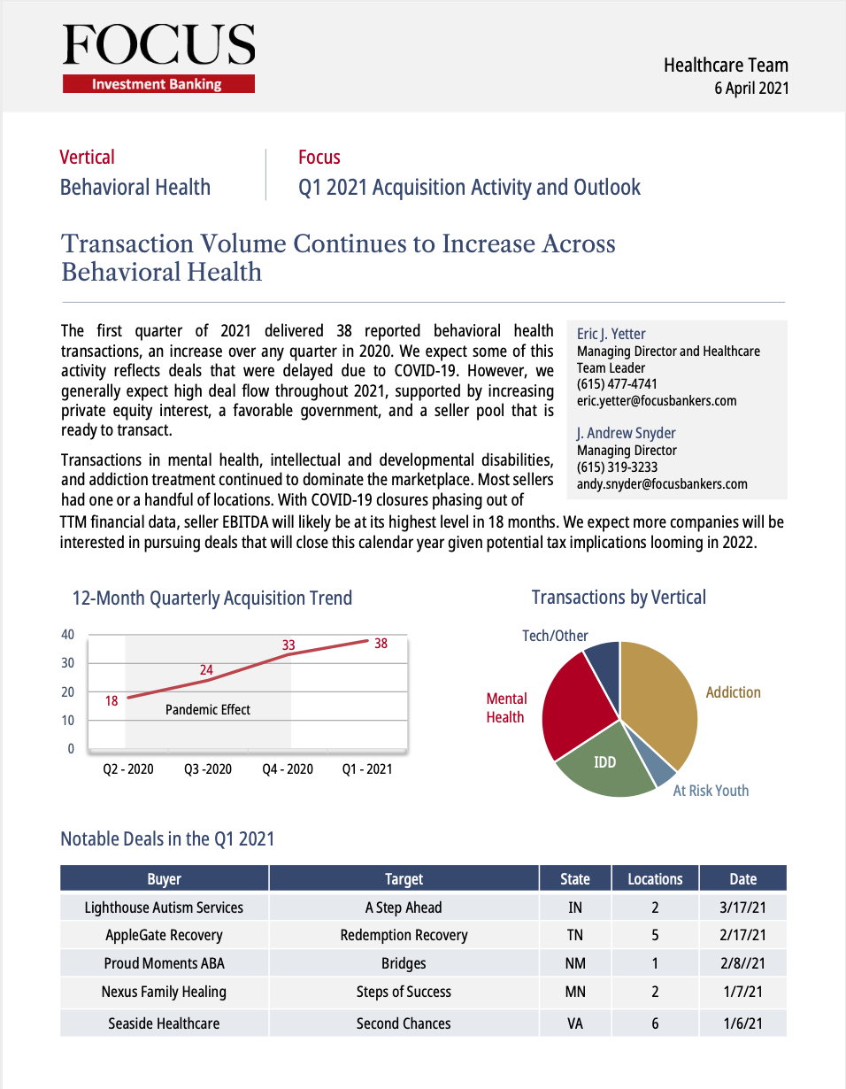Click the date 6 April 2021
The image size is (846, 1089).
click(751, 88)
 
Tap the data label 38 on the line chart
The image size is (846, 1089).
click(381, 644)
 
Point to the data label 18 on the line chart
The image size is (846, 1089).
click(112, 700)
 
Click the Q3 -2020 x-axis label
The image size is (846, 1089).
click(208, 769)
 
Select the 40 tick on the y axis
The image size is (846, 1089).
click(68, 635)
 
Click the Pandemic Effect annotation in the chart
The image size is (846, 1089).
click(208, 709)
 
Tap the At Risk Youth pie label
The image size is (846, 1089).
click(711, 791)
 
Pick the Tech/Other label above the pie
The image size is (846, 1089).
click(555, 636)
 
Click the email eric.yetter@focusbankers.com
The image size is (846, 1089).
click(657, 400)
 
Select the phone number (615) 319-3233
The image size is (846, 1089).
click(617, 467)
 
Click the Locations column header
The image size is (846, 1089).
click(655, 879)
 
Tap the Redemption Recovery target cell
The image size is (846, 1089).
click(404, 935)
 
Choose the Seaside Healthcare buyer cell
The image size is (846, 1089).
click(164, 1023)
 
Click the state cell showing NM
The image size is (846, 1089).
click(575, 963)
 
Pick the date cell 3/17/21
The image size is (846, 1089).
click(742, 907)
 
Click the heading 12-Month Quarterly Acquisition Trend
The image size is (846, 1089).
click(212, 599)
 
